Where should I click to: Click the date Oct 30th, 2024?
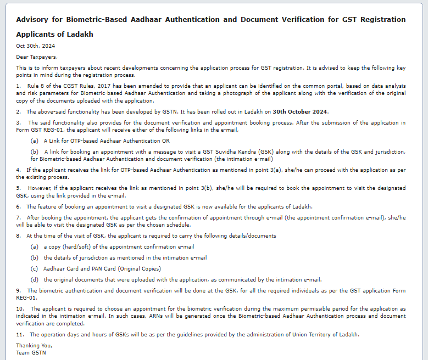click(35, 46)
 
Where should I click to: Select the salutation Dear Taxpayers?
click(36, 57)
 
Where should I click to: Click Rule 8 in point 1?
click(36, 86)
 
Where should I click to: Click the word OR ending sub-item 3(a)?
click(166, 141)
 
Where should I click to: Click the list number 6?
click(18, 207)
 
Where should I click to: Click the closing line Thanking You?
click(34, 346)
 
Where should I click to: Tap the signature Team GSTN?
click(31, 353)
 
